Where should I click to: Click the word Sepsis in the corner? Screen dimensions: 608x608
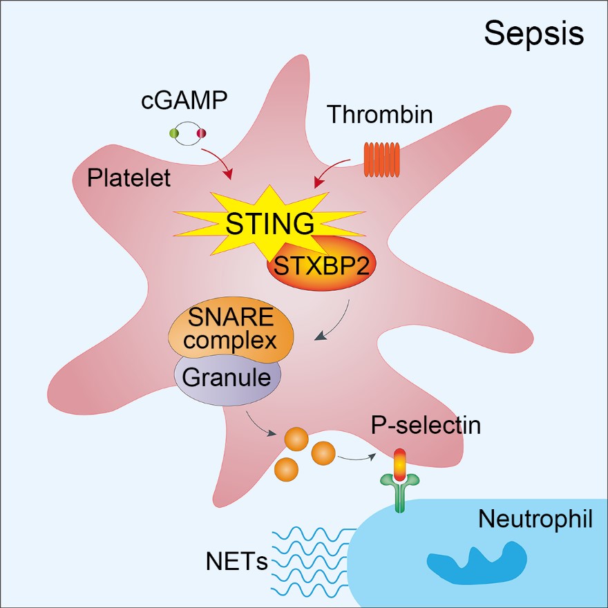[x=533, y=32]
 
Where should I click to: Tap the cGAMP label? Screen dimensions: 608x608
[x=184, y=101]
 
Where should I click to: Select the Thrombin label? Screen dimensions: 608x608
[x=380, y=114]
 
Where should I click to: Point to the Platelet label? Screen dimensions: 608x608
[x=129, y=178]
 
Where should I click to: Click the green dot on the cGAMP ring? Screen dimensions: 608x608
[x=173, y=133]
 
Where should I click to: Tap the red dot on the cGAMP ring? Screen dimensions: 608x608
[x=202, y=133]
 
